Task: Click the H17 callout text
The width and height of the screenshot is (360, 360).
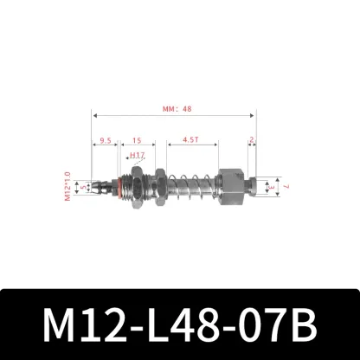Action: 136,157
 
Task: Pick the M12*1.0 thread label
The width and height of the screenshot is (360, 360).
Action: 67,185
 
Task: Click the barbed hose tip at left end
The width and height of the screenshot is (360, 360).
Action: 103,185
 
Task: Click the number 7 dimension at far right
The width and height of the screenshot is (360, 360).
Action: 285,185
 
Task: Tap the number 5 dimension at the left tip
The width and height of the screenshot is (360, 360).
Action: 84,185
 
